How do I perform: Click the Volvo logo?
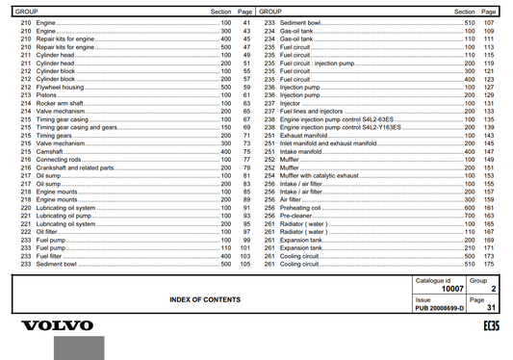pos(58,326)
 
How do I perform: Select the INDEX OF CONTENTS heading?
pos(205,300)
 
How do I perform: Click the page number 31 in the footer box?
pos(488,308)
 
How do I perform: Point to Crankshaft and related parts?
pos(73,167)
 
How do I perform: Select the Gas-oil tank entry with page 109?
pos(297,31)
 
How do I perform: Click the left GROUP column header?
pos(26,11)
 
